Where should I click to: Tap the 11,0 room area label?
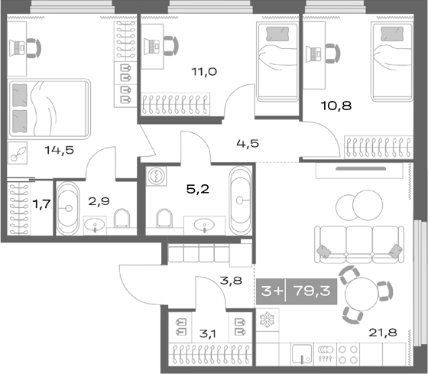tap(204, 72)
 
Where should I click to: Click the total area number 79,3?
tap(311, 291)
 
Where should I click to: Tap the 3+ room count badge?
tap(271, 291)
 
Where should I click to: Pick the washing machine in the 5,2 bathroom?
tap(156, 175)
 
